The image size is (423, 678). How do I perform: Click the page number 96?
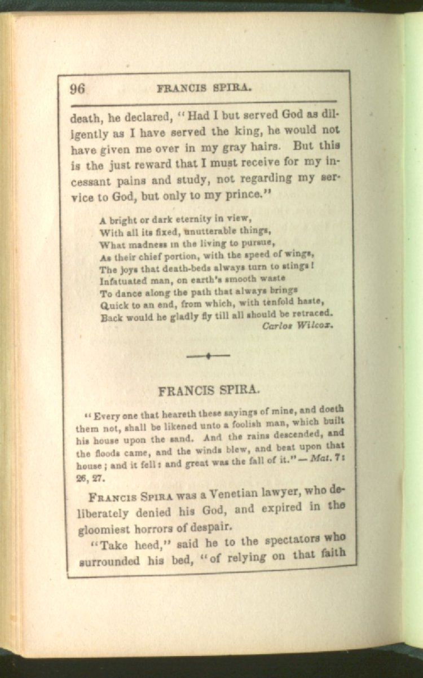(x=77, y=89)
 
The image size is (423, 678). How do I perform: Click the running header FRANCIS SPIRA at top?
(x=204, y=88)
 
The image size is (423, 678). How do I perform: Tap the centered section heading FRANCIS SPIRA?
(x=209, y=390)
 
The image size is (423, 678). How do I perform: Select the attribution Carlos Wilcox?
(x=298, y=325)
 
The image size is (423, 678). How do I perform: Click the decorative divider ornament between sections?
(x=208, y=355)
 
